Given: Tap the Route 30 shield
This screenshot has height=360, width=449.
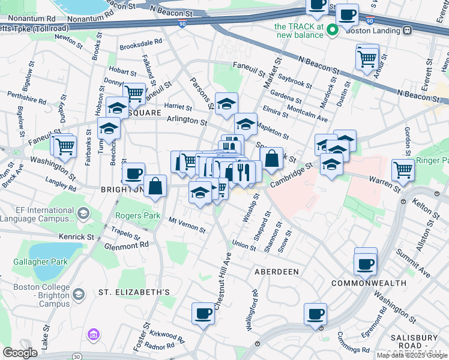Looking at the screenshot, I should (76, 356).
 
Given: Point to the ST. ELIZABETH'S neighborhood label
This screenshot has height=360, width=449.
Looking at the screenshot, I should (134, 292).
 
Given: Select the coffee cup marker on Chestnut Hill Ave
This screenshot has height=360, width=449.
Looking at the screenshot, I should (203, 313).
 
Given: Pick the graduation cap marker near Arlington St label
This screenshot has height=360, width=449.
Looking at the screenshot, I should (245, 124).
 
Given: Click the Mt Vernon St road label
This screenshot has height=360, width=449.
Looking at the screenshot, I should (187, 225).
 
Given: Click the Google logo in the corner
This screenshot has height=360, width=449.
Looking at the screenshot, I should (20, 353).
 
